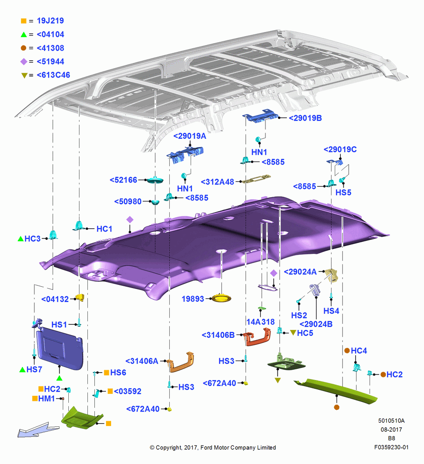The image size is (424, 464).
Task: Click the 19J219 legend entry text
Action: [50, 21]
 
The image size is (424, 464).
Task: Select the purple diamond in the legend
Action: [24, 62]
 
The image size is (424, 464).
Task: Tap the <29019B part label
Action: [305, 118]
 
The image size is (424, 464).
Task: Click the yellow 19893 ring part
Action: [221, 298]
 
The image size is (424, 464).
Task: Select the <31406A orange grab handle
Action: [181, 361]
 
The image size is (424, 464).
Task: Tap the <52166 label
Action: [123, 180]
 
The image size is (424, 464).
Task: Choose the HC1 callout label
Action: [104, 229]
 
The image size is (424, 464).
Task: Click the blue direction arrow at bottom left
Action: [38, 430]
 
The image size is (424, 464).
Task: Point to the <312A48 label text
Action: [217, 182]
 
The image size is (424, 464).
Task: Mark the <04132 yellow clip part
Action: [80, 297]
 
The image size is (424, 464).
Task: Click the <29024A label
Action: [300, 271]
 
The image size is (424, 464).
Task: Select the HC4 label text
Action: [359, 351]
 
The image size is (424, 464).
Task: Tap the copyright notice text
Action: [213, 447]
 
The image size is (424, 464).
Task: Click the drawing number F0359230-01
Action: [391, 447]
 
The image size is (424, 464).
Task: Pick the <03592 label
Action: [127, 391]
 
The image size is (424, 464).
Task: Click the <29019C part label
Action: [340, 149]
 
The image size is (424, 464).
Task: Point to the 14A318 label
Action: [261, 322]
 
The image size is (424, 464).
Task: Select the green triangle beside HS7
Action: [22, 370]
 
